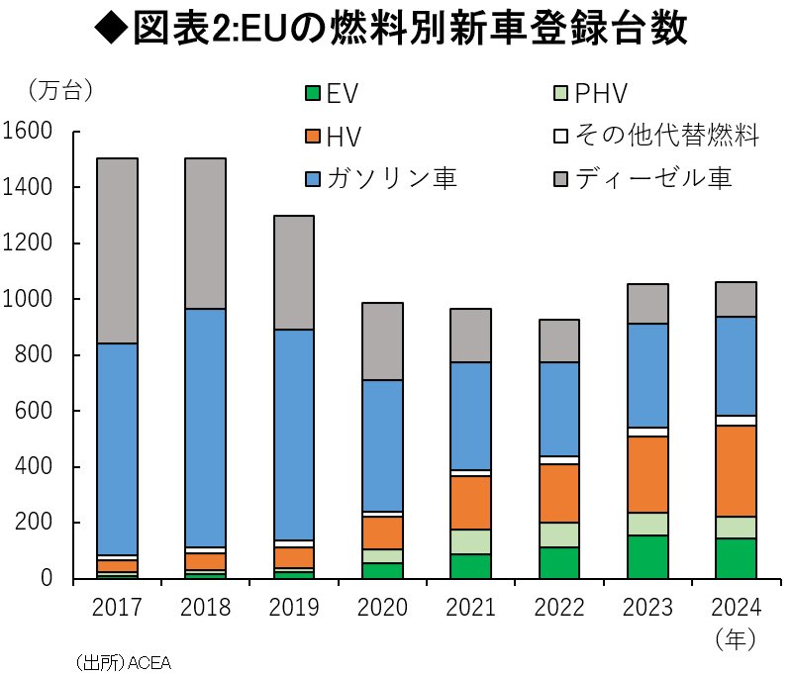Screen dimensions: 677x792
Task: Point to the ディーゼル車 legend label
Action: click(656, 178)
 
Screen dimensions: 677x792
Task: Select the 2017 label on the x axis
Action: click(117, 606)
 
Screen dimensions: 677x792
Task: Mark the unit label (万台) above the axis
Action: click(59, 91)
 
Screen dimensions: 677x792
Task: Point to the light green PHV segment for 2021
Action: click(469, 541)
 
